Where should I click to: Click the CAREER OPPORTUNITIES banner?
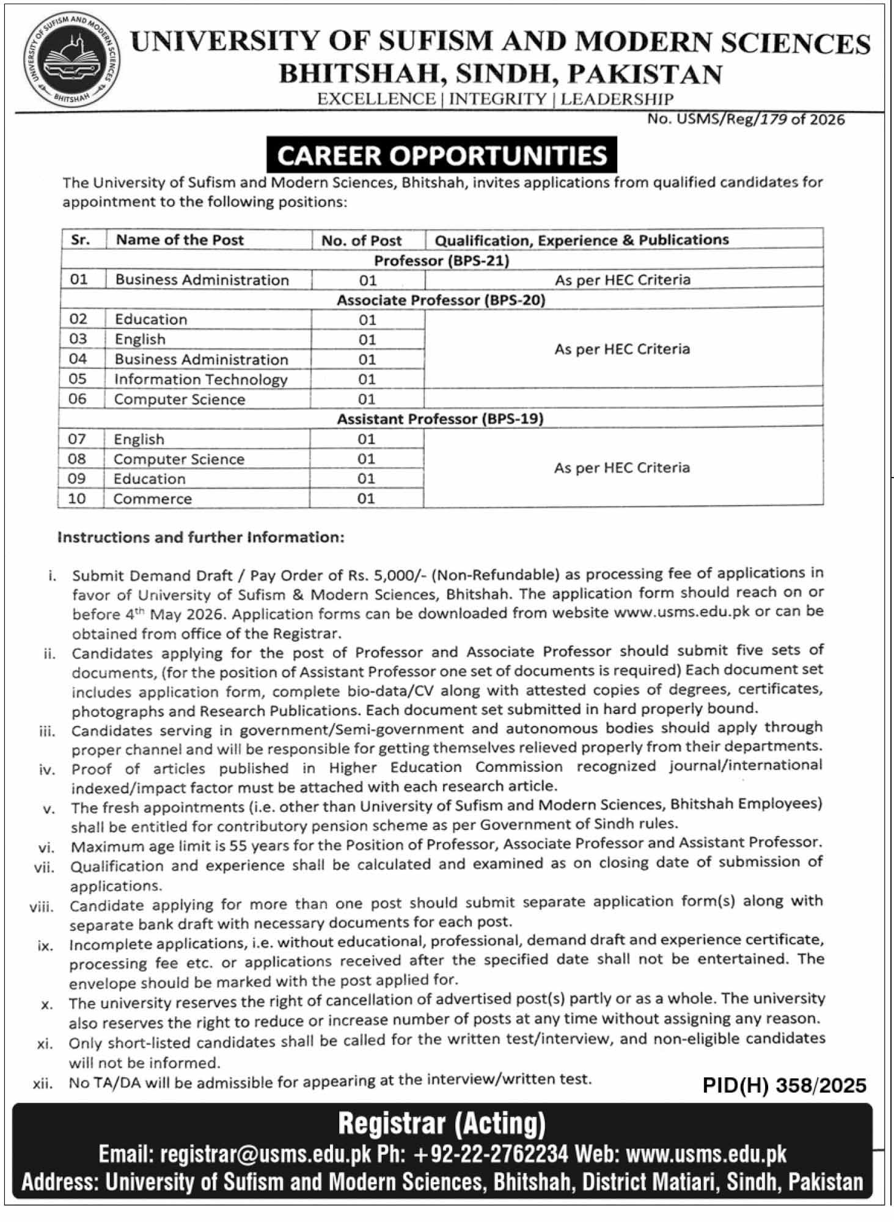pyautogui.click(x=442, y=155)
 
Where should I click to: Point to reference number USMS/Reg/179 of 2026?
pyautogui.click(x=746, y=119)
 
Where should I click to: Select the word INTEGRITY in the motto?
pyautogui.click(x=497, y=99)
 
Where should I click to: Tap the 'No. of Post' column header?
pyautogui.click(x=361, y=240)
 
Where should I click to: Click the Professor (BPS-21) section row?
pyautogui.click(x=441, y=261)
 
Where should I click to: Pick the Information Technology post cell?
pyautogui.click(x=200, y=379)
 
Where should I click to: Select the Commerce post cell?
pyautogui.click(x=153, y=499)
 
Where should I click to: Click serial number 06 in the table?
pyautogui.click(x=78, y=399)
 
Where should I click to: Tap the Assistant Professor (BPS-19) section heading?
pyautogui.click(x=440, y=419)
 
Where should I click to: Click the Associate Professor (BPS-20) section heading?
pyautogui.click(x=441, y=300)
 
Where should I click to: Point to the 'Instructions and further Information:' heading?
pyautogui.click(x=200, y=537)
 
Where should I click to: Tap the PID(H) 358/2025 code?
pyautogui.click(x=784, y=1085)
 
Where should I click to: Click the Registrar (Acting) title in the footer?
pyautogui.click(x=442, y=1122)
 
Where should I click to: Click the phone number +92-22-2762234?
pyautogui.click(x=491, y=1154)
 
